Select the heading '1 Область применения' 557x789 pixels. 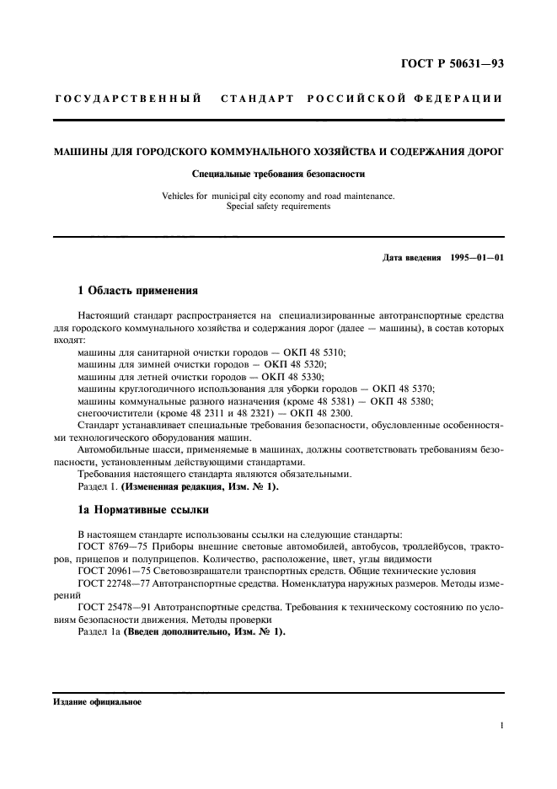click(137, 291)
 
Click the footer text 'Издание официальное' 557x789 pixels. click(97, 701)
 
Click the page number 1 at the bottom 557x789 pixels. click(501, 725)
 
